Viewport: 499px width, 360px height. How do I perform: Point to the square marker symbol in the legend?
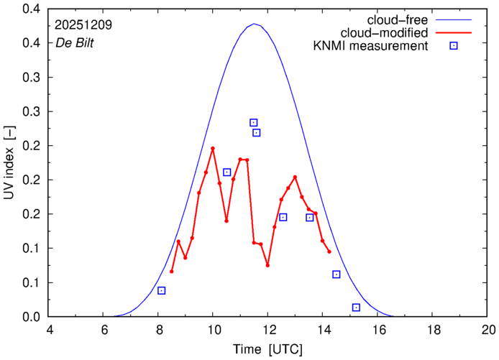click(x=454, y=47)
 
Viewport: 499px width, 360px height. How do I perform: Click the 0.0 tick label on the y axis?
click(x=32, y=317)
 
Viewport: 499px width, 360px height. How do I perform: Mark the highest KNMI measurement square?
click(x=253, y=123)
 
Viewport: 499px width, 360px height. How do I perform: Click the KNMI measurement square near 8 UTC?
click(x=162, y=290)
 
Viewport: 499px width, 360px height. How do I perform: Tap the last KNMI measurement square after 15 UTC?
click(x=356, y=308)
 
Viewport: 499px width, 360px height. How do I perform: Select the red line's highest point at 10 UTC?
click(x=213, y=148)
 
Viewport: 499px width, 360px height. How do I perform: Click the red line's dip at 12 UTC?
click(x=267, y=265)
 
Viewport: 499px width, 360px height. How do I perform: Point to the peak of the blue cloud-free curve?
click(x=254, y=24)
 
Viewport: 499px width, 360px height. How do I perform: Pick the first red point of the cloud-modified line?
click(x=172, y=271)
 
